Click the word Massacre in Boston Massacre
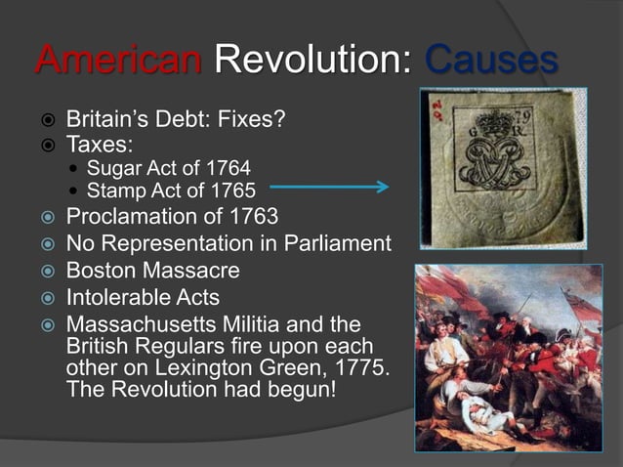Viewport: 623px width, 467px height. click(x=191, y=269)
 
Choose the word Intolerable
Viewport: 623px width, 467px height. click(x=118, y=296)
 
